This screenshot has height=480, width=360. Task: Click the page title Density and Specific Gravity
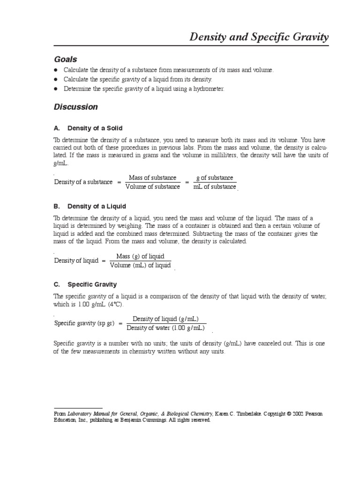pyautogui.click(x=259, y=37)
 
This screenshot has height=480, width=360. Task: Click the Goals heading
pyautogui.click(x=66, y=60)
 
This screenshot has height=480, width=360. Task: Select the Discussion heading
pyautogui.click(x=76, y=107)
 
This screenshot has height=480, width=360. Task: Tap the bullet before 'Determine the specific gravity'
pyautogui.click(x=56, y=89)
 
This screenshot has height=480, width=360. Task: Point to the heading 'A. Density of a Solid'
pyautogui.click(x=88, y=128)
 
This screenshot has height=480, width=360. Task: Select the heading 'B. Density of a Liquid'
pyautogui.click(x=90, y=206)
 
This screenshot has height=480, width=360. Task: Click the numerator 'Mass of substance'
pyautogui.click(x=152, y=178)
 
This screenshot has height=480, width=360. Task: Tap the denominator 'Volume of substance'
pyautogui.click(x=152, y=187)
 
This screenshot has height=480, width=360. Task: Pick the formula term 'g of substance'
pyautogui.click(x=215, y=178)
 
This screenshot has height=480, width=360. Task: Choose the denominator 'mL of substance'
pyautogui.click(x=215, y=187)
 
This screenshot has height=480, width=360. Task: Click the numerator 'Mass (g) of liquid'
pyautogui.click(x=140, y=256)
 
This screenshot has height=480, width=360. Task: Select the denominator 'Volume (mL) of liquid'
pyautogui.click(x=140, y=265)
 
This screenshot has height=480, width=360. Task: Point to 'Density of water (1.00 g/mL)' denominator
pyautogui.click(x=166, y=328)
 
